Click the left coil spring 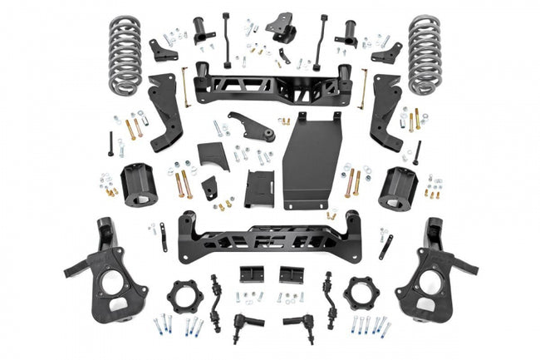(x=125, y=53)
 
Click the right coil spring (x=424, y=53)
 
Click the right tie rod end (x=300, y=321)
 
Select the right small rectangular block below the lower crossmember (x=292, y=275)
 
